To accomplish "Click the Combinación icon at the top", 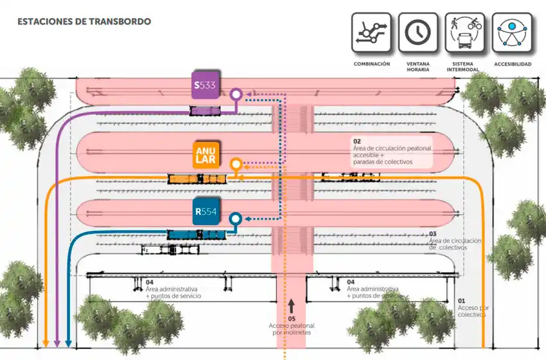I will coord(371,32).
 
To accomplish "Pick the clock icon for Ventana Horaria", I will coord(418,32).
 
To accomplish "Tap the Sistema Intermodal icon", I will coord(465,32).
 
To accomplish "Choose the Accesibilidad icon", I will coord(512,32).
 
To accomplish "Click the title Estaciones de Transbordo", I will coord(84,21).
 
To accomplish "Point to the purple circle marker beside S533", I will coord(236,95).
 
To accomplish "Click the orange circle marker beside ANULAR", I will coord(236,164).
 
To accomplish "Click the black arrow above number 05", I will coord(291,305).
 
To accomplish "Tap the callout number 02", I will coord(357,141).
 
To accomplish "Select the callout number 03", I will coord(432,234).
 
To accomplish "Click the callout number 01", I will coord(461,301).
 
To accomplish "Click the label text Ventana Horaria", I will coord(418,67).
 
